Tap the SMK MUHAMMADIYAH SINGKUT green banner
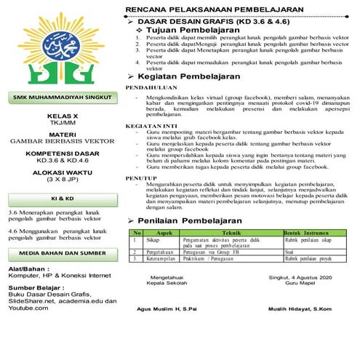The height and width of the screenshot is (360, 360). [60, 97]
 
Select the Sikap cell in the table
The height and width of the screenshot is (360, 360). [153, 239]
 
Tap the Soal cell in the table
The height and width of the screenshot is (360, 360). [290, 250]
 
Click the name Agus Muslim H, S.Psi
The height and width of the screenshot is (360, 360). [166, 308]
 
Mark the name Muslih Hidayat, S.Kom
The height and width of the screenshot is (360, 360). [300, 308]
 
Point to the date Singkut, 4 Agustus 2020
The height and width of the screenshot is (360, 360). [300, 276]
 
